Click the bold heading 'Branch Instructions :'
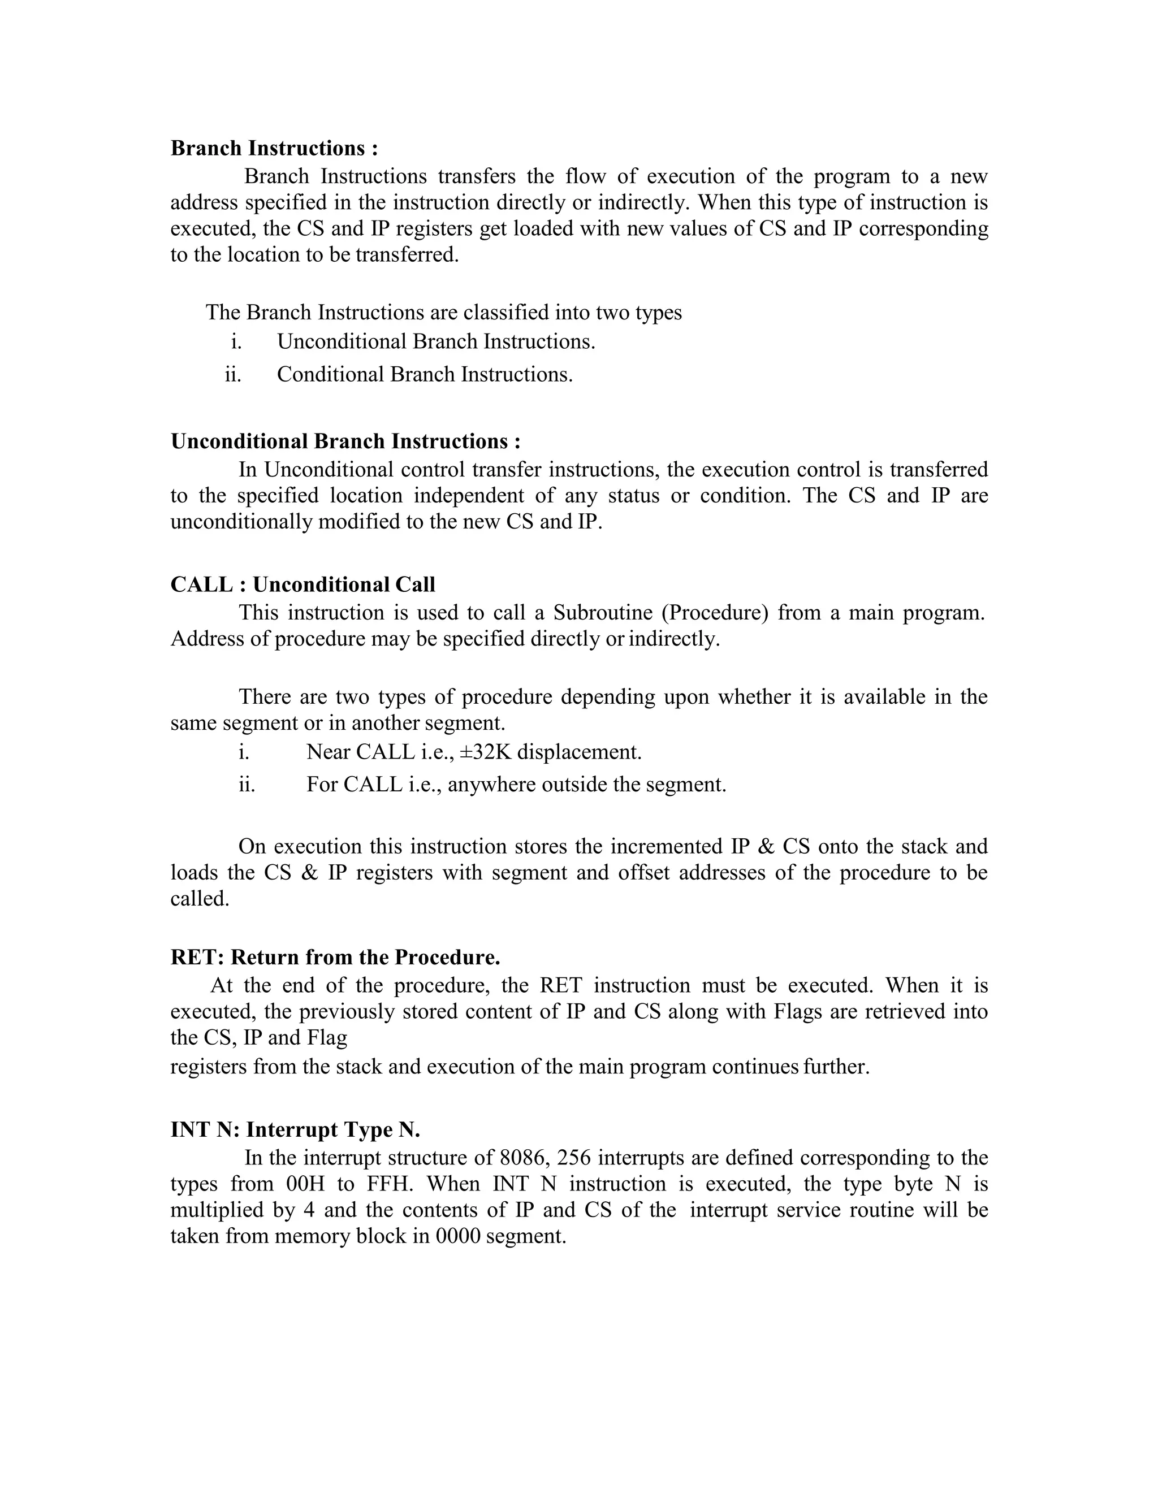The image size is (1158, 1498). click(274, 148)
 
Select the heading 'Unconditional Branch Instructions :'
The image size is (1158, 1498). click(345, 441)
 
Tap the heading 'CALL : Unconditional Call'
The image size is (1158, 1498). click(303, 585)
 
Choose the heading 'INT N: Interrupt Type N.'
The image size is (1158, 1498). click(295, 1129)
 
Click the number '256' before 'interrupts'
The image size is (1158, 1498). click(574, 1158)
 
